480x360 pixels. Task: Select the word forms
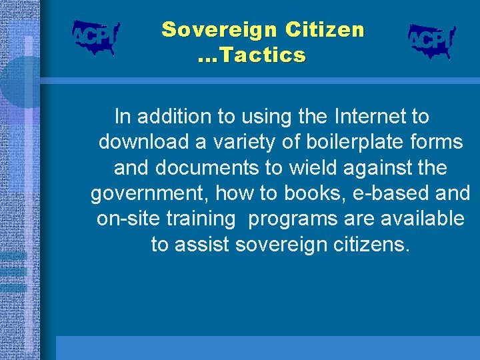coord(435,143)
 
